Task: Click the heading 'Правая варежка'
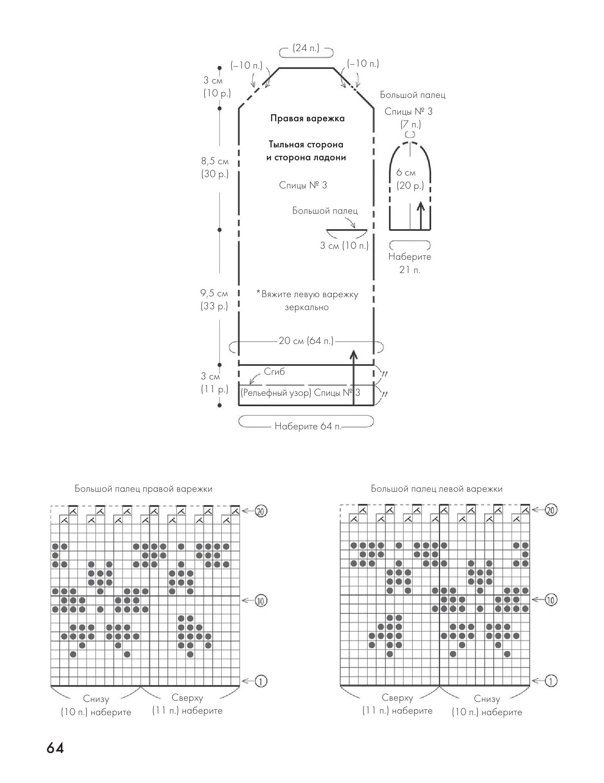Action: coord(307,118)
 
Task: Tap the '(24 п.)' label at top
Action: coord(306,48)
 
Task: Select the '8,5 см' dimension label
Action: coord(215,161)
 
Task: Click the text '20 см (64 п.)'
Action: coord(306,341)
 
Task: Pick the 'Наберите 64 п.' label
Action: coord(308,426)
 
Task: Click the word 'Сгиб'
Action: coord(274,372)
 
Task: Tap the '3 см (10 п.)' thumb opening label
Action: coord(344,246)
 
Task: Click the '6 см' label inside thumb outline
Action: coord(406,173)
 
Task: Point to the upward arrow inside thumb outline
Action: coord(420,215)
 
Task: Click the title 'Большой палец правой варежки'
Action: coord(144,489)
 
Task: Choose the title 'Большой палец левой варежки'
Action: coord(436,489)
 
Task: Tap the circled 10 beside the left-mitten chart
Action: coord(551,600)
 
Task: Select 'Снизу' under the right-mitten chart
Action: coord(96,699)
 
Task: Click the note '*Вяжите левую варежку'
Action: coord(307,294)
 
